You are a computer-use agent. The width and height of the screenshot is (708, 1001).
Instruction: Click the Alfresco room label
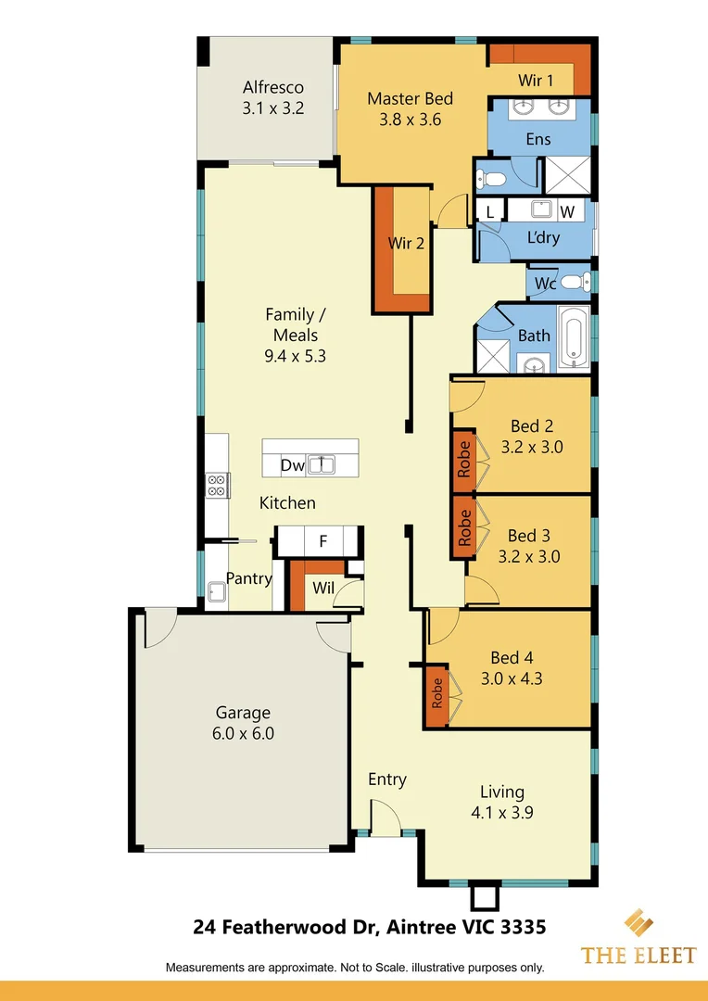coord(273,88)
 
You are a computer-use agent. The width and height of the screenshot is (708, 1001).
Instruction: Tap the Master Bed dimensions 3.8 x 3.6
coord(410,120)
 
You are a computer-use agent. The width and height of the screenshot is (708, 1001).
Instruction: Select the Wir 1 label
coord(536,81)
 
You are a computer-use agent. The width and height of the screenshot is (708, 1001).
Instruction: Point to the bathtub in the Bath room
coord(574,339)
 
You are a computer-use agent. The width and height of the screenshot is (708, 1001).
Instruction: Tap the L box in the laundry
coord(490,212)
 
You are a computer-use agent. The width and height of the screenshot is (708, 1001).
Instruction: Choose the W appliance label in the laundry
coord(567,212)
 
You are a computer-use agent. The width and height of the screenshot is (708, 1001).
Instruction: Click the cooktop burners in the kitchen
coord(217,485)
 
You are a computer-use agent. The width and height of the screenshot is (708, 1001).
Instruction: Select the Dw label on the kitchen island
coord(292,465)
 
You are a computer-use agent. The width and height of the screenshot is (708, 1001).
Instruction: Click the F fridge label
coord(322,540)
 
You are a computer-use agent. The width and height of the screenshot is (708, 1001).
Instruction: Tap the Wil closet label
coord(322,587)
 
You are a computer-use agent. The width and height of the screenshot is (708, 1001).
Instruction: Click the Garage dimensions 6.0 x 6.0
coord(244,733)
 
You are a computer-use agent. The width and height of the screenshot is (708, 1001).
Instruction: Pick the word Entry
coord(386,779)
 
